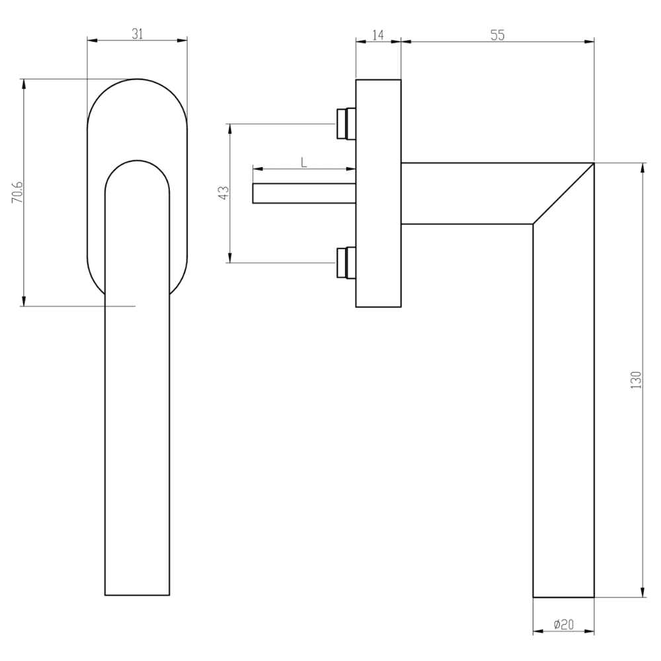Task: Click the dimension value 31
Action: point(137,35)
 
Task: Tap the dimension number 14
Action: point(378,35)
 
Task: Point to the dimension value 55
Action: point(497,35)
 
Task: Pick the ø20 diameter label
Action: point(563,623)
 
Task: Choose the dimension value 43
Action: point(223,193)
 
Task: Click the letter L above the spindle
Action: point(303,161)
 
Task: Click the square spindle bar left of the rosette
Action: point(304,193)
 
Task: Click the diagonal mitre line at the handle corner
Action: point(563,193)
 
